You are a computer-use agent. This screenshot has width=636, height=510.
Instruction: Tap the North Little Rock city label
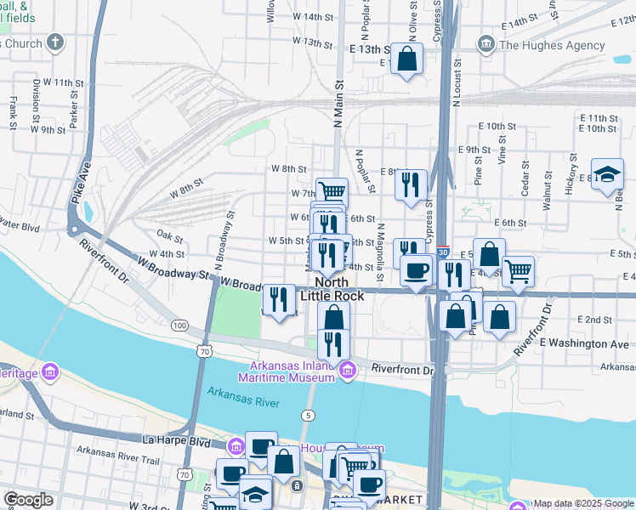pos(339,289)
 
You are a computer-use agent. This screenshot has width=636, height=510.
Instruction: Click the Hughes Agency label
pos(540,44)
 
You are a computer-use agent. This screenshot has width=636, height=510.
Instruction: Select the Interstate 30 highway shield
pos(443,252)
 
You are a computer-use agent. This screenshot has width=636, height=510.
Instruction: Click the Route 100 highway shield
pos(179,326)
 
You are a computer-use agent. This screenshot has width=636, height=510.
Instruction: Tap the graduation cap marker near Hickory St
pos(607,174)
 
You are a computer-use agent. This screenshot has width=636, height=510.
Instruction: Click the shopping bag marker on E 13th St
pos(407,59)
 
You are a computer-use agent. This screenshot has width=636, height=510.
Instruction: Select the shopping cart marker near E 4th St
pos(518,272)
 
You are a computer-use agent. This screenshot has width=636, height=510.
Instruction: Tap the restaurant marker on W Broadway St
pos(279,299)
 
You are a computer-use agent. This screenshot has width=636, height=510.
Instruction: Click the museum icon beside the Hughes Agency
pos(486,43)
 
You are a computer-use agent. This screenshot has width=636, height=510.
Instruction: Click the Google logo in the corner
pos(28,500)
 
